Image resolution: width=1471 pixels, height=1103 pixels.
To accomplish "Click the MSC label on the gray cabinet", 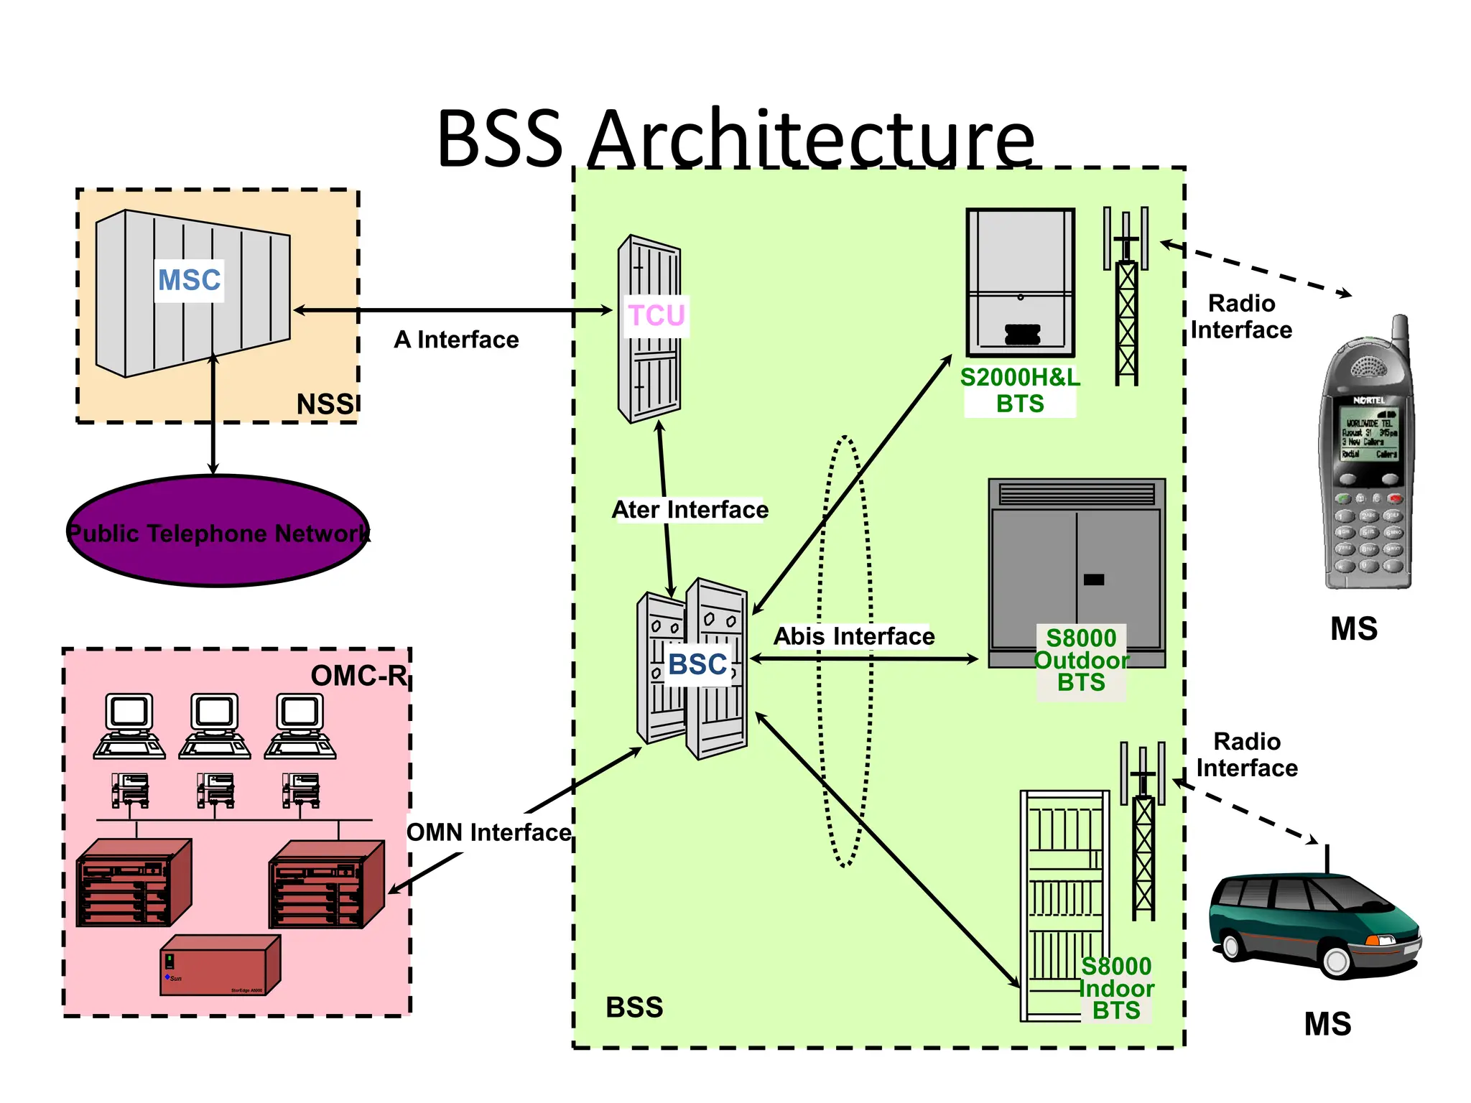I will coord(190,280).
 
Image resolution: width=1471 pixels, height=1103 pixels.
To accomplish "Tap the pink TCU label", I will coord(656,316).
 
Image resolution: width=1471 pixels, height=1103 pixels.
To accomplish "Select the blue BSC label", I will coord(697,664).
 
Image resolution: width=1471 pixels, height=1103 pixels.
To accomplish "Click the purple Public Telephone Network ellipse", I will coord(218,532).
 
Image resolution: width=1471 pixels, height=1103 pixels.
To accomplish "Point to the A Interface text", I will coord(456,340).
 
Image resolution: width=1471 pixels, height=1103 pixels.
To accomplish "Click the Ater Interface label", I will coord(690,510).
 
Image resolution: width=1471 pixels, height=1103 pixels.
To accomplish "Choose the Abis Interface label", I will coord(854,636).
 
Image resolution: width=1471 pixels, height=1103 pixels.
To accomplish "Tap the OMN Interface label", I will coord(488,832).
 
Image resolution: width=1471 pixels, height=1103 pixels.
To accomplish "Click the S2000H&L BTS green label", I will coord(1020,391).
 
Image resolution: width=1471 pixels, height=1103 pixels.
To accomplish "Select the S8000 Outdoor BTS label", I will coord(1081,660).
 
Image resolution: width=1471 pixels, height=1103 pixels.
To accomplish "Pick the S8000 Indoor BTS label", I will coord(1116,988).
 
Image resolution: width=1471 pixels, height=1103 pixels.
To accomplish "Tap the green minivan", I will coord(1314,926).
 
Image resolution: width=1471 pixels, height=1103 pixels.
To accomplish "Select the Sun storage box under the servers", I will coord(220,966).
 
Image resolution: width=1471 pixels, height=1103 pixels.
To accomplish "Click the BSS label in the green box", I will coord(634,1007).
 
